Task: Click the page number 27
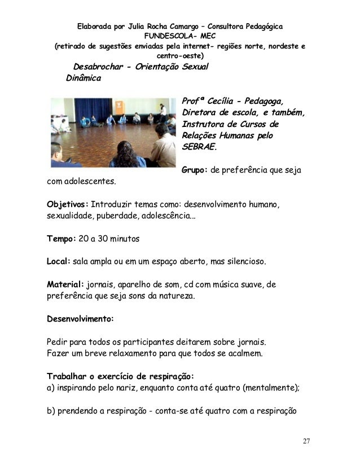306,441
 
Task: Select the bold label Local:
58,262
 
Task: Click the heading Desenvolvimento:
80,318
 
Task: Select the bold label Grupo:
194,170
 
